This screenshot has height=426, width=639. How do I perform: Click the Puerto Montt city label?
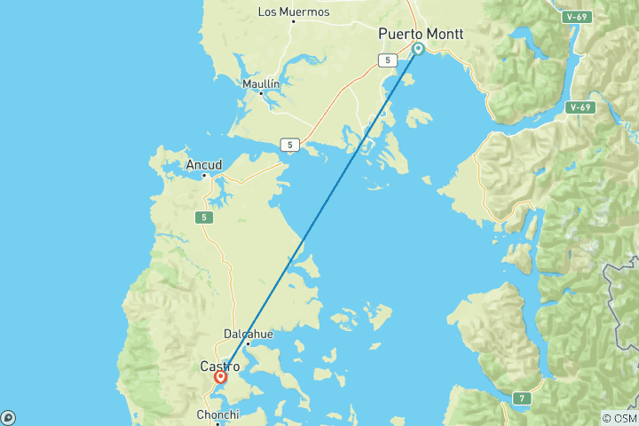pos(421,34)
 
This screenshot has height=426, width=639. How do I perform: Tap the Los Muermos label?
pos(293,12)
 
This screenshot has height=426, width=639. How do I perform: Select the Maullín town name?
pos(261,83)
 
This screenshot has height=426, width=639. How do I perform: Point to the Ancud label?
pos(203,165)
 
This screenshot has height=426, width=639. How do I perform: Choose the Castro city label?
pos(218,366)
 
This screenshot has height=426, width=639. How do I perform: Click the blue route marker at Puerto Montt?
pos(418,49)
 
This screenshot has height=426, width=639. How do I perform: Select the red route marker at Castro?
pos(220,376)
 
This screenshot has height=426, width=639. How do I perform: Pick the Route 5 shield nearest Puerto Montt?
pos(386,60)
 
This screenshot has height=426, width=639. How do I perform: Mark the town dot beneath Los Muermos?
pos(294,22)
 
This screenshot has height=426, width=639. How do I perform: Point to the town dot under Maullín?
pos(261,93)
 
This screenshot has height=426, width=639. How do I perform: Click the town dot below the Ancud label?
pos(204,175)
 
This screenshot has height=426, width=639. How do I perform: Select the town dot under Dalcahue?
pos(248,343)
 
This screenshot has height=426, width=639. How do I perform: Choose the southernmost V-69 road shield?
pos(580,107)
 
